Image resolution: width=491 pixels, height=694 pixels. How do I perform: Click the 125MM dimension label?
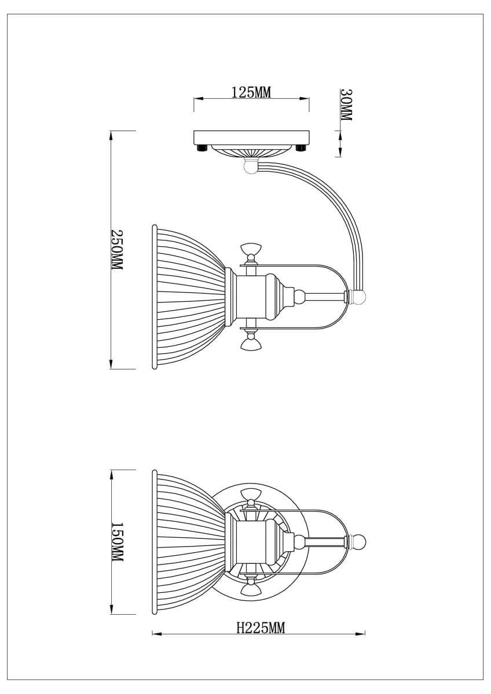click(251, 92)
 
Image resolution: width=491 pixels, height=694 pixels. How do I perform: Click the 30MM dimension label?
click(346, 105)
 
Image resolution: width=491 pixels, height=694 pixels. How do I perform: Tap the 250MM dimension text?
click(117, 250)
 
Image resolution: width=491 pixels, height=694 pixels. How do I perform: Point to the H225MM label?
click(261, 628)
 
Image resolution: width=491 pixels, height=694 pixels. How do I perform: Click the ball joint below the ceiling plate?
click(250, 167)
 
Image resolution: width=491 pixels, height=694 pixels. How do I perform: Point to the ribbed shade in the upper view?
click(188, 297)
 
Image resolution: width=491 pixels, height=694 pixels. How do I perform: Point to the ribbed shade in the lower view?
click(188, 542)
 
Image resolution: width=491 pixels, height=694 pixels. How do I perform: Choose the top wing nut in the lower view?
click(251, 495)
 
